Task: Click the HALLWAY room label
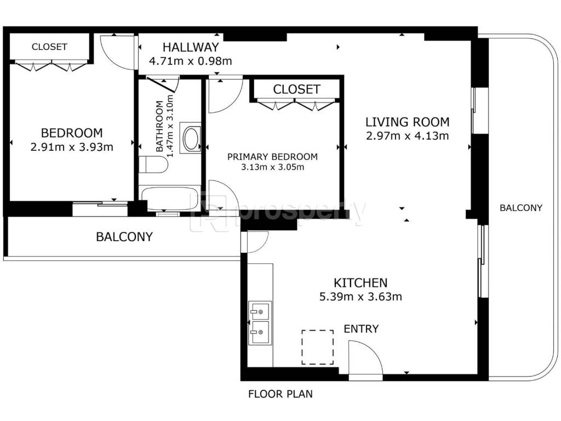pos(190,47)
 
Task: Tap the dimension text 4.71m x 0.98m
pos(190,61)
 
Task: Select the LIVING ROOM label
pos(407,122)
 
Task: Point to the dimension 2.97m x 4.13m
pos(407,136)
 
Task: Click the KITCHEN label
pos(360,283)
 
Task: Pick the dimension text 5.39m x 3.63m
pos(360,297)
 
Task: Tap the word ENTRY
pos(361,329)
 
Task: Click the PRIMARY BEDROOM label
pos(272,157)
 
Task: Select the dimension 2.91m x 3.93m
pos(72,147)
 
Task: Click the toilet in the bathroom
pos(153,164)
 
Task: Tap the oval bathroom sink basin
pos(191,138)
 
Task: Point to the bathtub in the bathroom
pos(170,198)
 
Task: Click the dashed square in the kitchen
pos(318,347)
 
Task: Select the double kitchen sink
pos(260,323)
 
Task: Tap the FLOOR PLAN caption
pos(280,394)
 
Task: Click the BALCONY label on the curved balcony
pos(521,208)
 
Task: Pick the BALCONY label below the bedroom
pos(124,237)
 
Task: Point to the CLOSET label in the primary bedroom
pos(296,89)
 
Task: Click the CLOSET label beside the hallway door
pos(49,47)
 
